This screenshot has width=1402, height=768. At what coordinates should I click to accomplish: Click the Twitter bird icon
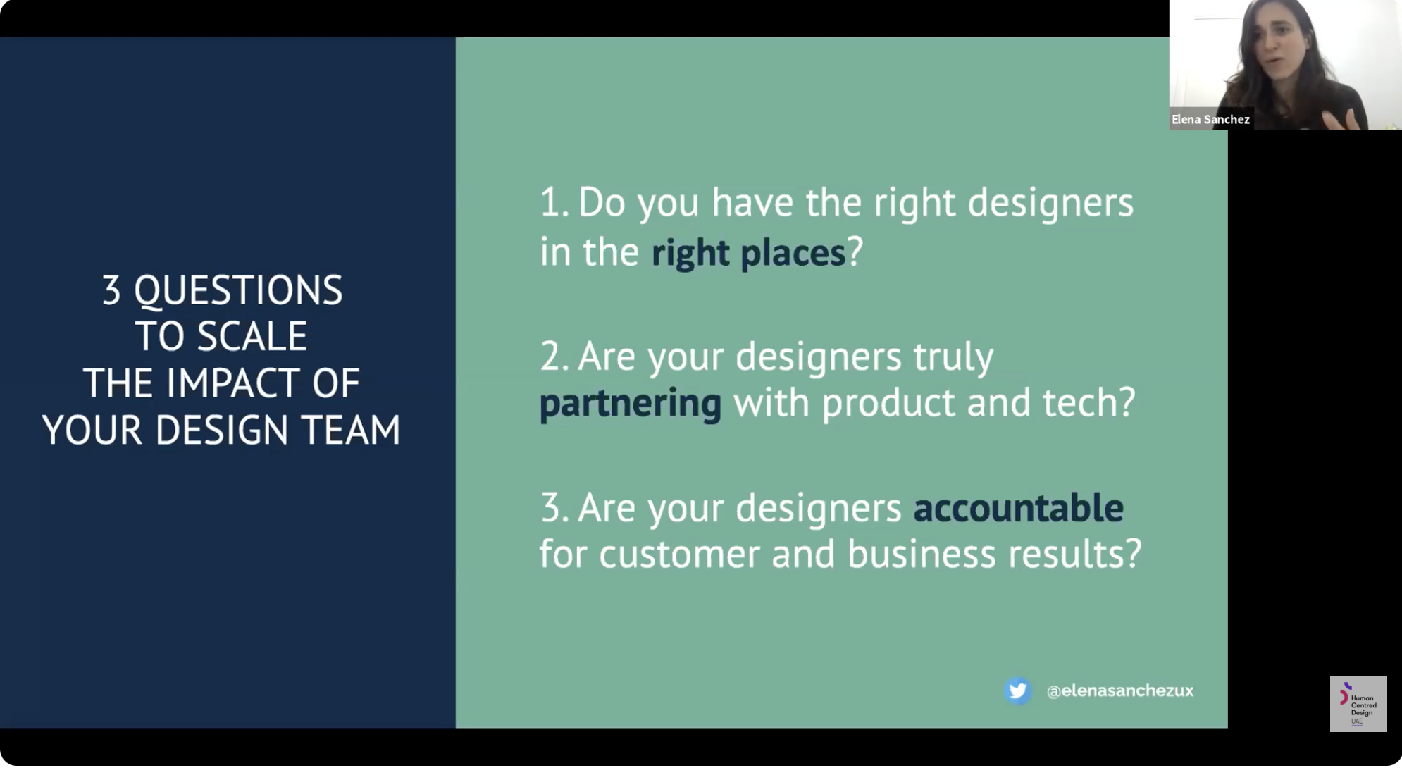pos(1017,690)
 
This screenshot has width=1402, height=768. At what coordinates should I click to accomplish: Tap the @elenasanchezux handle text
pos(1120,691)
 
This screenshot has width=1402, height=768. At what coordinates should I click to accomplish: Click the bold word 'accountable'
pos(1018,507)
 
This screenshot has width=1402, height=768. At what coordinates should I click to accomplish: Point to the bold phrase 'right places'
pos(748,252)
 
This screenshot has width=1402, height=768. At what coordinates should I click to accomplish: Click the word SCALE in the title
pos(252,336)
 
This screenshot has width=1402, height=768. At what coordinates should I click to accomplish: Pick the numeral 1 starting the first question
pos(550,202)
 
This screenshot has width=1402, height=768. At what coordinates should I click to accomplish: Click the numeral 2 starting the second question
pos(551,356)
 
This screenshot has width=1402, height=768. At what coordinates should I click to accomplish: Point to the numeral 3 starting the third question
pos(551,507)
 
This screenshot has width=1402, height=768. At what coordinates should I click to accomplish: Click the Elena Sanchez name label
pos(1210,119)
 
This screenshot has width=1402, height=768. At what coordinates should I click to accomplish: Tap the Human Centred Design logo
pos(1358,704)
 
